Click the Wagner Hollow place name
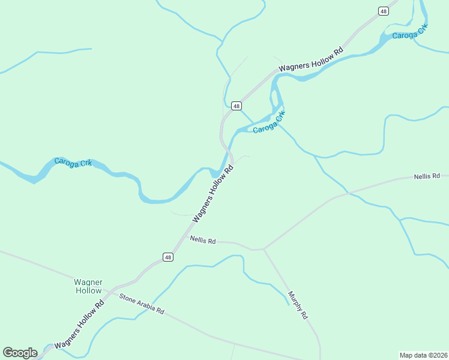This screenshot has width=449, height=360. (x=88, y=286)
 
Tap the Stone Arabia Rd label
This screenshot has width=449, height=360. (x=142, y=304)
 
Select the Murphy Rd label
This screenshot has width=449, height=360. (x=298, y=305)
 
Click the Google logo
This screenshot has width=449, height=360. (x=20, y=353)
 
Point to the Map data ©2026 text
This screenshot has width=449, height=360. (x=423, y=355)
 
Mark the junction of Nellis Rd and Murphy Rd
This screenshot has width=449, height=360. (x=264, y=249)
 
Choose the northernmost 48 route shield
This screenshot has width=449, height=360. (x=384, y=11)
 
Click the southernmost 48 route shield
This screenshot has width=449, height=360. (x=168, y=257)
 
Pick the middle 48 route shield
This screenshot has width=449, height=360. (x=237, y=106)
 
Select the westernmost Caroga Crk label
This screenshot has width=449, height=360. (x=73, y=162)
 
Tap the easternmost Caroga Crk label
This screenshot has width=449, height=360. (x=409, y=32)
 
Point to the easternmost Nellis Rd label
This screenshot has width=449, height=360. (x=427, y=177)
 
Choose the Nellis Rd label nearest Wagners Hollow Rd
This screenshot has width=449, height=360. (x=203, y=240)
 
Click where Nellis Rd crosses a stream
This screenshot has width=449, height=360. (x=348, y=193)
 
